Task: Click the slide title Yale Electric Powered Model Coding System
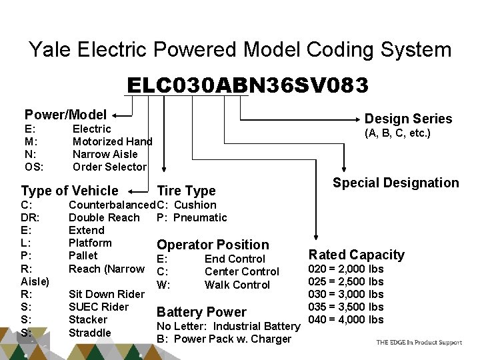(240, 49)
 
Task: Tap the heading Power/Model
(65, 114)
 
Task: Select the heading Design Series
(408, 119)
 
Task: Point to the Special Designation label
(396, 183)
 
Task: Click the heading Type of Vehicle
(69, 190)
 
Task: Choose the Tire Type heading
(186, 191)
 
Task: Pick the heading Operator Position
(213, 245)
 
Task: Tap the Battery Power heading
(201, 312)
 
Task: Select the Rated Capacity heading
(356, 255)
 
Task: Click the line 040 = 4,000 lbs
(345, 319)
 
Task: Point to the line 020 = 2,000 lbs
(345, 269)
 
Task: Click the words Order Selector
(109, 167)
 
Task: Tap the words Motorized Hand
(112, 141)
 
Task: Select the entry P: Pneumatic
(191, 217)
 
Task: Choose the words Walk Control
(237, 285)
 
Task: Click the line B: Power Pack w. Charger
(223, 339)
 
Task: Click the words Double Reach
(104, 217)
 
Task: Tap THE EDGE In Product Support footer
(419, 343)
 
